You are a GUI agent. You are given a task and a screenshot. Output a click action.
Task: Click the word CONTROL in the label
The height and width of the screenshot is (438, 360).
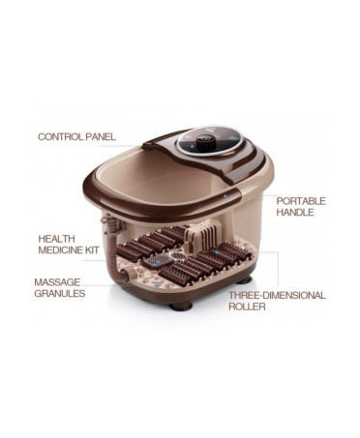point(60,136)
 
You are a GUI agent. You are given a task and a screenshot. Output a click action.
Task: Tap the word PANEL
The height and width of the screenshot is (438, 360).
point(100,136)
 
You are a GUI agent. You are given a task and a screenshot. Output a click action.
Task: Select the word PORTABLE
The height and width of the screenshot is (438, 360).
point(301,201)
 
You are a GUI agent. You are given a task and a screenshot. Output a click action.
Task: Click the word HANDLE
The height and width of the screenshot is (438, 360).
point(295,212)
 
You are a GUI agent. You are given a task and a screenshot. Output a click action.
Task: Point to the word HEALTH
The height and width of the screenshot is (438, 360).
point(56,239)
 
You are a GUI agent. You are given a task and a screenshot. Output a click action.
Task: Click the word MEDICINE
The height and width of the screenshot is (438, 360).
point(60,250)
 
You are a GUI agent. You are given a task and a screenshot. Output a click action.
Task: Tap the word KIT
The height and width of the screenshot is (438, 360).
point(91,250)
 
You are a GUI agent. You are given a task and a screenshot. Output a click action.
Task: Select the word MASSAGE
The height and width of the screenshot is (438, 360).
point(57,282)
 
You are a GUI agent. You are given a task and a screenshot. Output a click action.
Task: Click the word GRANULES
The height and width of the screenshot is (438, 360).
point(60,293)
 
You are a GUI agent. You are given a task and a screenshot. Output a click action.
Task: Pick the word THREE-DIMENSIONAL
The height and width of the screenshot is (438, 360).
point(277,295)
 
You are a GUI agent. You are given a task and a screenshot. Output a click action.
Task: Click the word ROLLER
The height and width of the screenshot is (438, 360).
point(247,307)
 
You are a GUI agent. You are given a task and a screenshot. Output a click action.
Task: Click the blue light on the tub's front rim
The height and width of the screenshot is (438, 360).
point(225,195)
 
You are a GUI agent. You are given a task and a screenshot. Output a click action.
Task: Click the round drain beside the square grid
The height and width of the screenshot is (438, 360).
point(176,255)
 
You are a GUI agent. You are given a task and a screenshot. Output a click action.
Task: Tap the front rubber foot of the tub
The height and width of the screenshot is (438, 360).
point(181,306)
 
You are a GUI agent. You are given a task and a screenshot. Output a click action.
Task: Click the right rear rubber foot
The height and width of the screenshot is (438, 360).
point(244,279)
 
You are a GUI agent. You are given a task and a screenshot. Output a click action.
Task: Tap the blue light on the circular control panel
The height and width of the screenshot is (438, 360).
point(191,146)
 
